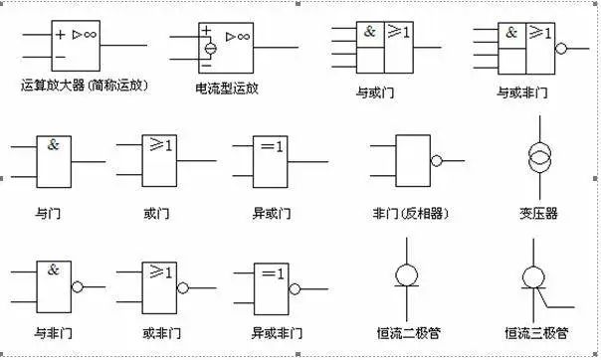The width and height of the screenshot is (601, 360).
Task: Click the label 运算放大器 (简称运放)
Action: pos(84,86)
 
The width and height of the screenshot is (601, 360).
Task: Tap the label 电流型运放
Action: pos(227,88)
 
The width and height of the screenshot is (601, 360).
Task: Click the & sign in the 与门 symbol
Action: pos(54,144)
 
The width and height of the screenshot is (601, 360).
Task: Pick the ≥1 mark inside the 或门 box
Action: pos(160,146)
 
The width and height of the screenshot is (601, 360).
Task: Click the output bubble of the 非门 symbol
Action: pos(436,161)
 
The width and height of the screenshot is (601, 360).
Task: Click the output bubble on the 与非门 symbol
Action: pos(77,286)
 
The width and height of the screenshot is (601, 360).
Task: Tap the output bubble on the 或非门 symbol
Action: pos(183,286)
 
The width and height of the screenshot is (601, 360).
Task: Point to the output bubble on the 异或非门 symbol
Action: pos(296,286)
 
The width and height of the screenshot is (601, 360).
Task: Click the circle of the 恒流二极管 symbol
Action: pos(407,274)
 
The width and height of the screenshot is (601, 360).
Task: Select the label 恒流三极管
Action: pos(536,332)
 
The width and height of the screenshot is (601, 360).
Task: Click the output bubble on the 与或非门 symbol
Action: pos(561,47)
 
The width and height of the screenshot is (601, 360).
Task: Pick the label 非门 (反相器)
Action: pos(406,212)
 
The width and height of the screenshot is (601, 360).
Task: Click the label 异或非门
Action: pos(272,332)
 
